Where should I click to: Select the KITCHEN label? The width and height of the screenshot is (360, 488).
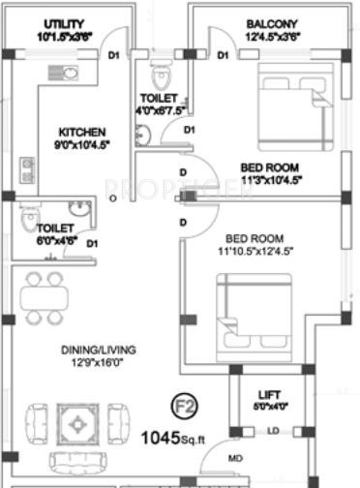78,132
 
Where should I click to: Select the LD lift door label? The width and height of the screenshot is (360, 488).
274,430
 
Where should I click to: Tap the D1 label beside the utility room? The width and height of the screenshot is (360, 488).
114,55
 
